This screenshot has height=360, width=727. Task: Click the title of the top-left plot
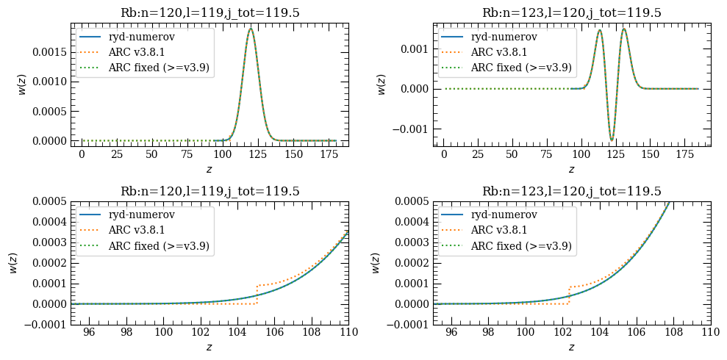[209, 12]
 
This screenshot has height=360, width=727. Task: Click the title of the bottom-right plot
[571, 191]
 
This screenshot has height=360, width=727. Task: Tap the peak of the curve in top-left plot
[251, 29]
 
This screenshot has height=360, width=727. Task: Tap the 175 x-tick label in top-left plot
[321, 156]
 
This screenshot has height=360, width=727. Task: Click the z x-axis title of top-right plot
[571, 169]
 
